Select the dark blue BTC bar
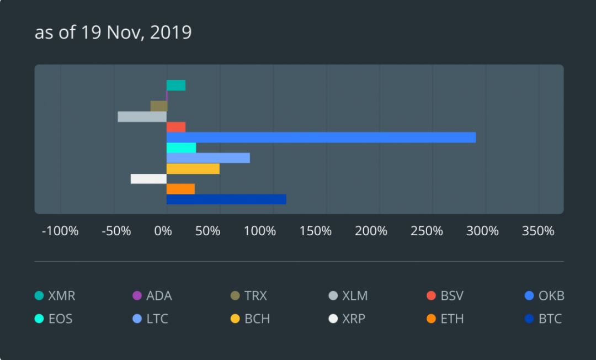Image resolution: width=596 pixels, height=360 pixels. (226, 199)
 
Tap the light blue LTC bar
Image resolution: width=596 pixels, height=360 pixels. (208, 158)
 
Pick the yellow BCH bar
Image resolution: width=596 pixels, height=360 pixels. (193, 168)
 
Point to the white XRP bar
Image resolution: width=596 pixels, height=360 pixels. (148, 179)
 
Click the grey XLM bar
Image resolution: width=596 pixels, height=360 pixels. (142, 117)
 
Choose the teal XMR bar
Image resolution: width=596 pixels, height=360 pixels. (176, 86)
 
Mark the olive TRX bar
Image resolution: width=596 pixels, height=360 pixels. (158, 106)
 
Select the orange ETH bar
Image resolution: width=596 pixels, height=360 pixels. (180, 189)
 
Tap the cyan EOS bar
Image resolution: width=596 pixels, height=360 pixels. (181, 148)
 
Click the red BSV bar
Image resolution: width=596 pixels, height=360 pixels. (176, 127)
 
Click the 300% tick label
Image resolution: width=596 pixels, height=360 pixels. (482, 231)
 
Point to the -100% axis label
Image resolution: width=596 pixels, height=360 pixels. (60, 231)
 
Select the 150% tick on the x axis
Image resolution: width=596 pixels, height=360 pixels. (316, 231)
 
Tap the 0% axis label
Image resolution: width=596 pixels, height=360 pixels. (163, 231)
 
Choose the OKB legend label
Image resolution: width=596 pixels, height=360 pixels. (551, 296)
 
